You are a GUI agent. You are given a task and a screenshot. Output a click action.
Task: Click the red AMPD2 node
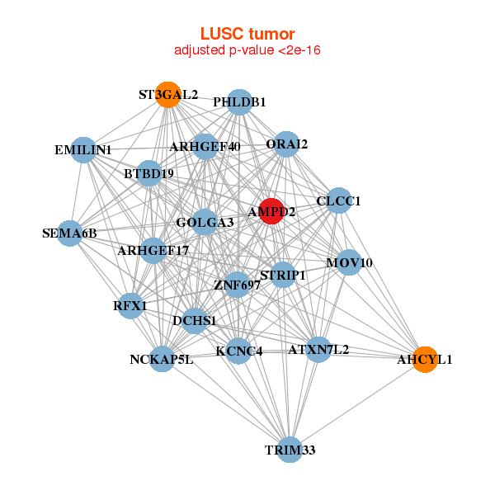pyautogui.click(x=271, y=210)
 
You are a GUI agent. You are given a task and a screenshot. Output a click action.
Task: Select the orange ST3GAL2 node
pyautogui.click(x=168, y=94)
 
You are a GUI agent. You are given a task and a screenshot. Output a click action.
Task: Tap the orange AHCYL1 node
pyautogui.click(x=425, y=359)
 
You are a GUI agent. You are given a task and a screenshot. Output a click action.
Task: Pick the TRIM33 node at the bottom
pyautogui.click(x=289, y=450)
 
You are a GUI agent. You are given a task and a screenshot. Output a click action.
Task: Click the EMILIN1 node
pyautogui.click(x=83, y=150)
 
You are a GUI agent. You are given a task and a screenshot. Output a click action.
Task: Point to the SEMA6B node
pyautogui.click(x=70, y=233)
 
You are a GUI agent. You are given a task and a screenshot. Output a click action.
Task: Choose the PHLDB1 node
pyautogui.click(x=239, y=102)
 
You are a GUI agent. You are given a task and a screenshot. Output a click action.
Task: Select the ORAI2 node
pyautogui.click(x=286, y=144)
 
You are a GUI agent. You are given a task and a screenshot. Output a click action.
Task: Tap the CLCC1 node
pyautogui.click(x=339, y=200)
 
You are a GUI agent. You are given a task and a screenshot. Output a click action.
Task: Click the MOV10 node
pyautogui.click(x=349, y=262)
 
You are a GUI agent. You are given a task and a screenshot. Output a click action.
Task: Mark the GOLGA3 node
pyautogui.click(x=205, y=222)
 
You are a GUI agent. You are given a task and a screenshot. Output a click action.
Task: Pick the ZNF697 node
pyautogui.click(x=238, y=285)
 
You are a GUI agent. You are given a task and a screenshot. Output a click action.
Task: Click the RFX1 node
pyautogui.click(x=130, y=306)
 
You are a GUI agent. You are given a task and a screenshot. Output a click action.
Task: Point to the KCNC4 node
pyautogui.click(x=239, y=351)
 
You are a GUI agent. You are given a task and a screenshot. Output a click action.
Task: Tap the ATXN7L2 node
pyautogui.click(x=318, y=349)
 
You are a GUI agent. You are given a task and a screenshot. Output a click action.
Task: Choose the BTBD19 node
pyautogui.click(x=149, y=174)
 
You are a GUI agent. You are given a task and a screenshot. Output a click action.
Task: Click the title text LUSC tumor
pyautogui.click(x=247, y=34)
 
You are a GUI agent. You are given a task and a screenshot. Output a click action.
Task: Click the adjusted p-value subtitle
pyautogui.click(x=247, y=50)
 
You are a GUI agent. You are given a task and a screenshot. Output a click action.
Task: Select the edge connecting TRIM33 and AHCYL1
pyautogui.click(x=356, y=404)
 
